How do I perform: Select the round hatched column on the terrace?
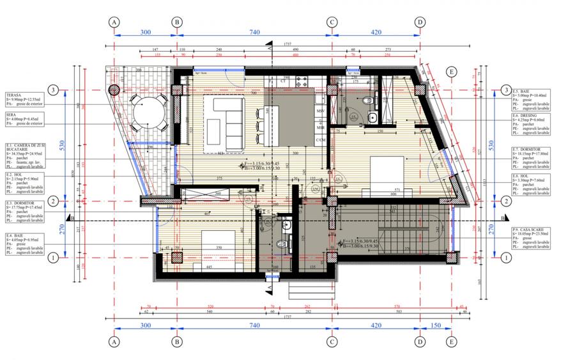(116, 90)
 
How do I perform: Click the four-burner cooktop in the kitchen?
(301, 81)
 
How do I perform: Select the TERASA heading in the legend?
(14, 95)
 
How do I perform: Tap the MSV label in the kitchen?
(320, 111)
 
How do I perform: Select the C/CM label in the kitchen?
(321, 139)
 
